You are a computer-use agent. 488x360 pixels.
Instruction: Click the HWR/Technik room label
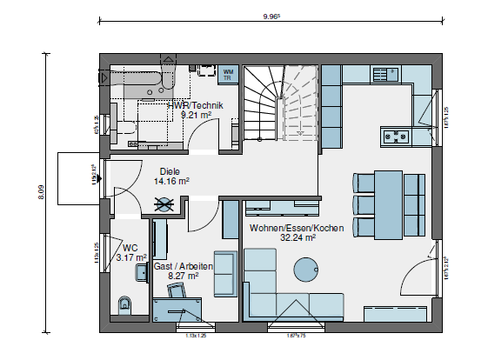(x=196, y=105)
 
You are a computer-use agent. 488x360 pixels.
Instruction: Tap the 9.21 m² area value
(x=196, y=114)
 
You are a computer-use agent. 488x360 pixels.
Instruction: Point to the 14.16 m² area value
(x=171, y=182)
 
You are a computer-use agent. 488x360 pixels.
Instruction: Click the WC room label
(x=130, y=247)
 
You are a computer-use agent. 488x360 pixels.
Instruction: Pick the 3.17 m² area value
(x=131, y=257)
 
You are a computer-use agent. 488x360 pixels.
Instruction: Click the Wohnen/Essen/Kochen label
(x=296, y=228)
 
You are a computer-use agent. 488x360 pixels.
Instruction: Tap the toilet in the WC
(x=123, y=304)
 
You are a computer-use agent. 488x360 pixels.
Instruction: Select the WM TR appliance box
(x=228, y=74)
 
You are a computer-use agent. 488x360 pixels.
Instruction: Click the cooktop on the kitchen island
(x=396, y=136)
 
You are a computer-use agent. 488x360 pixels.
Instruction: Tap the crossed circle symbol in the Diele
(x=163, y=205)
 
